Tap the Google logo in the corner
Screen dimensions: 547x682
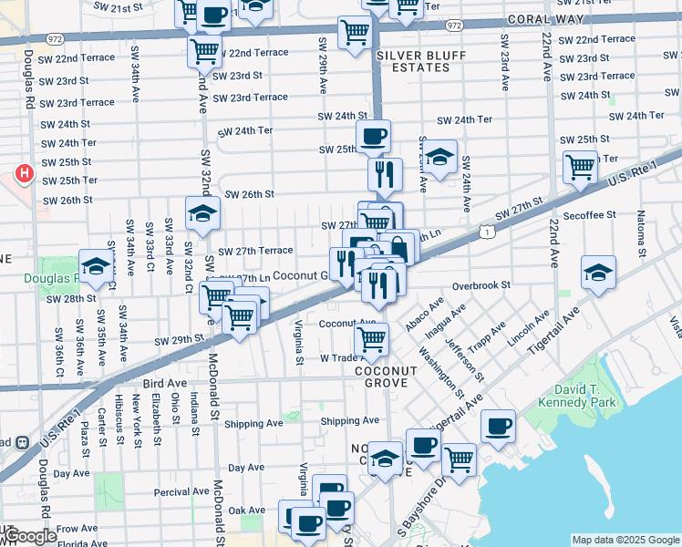click(30, 536)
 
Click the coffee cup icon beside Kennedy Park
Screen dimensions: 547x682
click(498, 427)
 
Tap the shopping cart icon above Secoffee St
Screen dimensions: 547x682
click(580, 168)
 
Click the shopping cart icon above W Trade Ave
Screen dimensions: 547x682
click(371, 340)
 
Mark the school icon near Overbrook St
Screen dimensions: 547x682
click(597, 273)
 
